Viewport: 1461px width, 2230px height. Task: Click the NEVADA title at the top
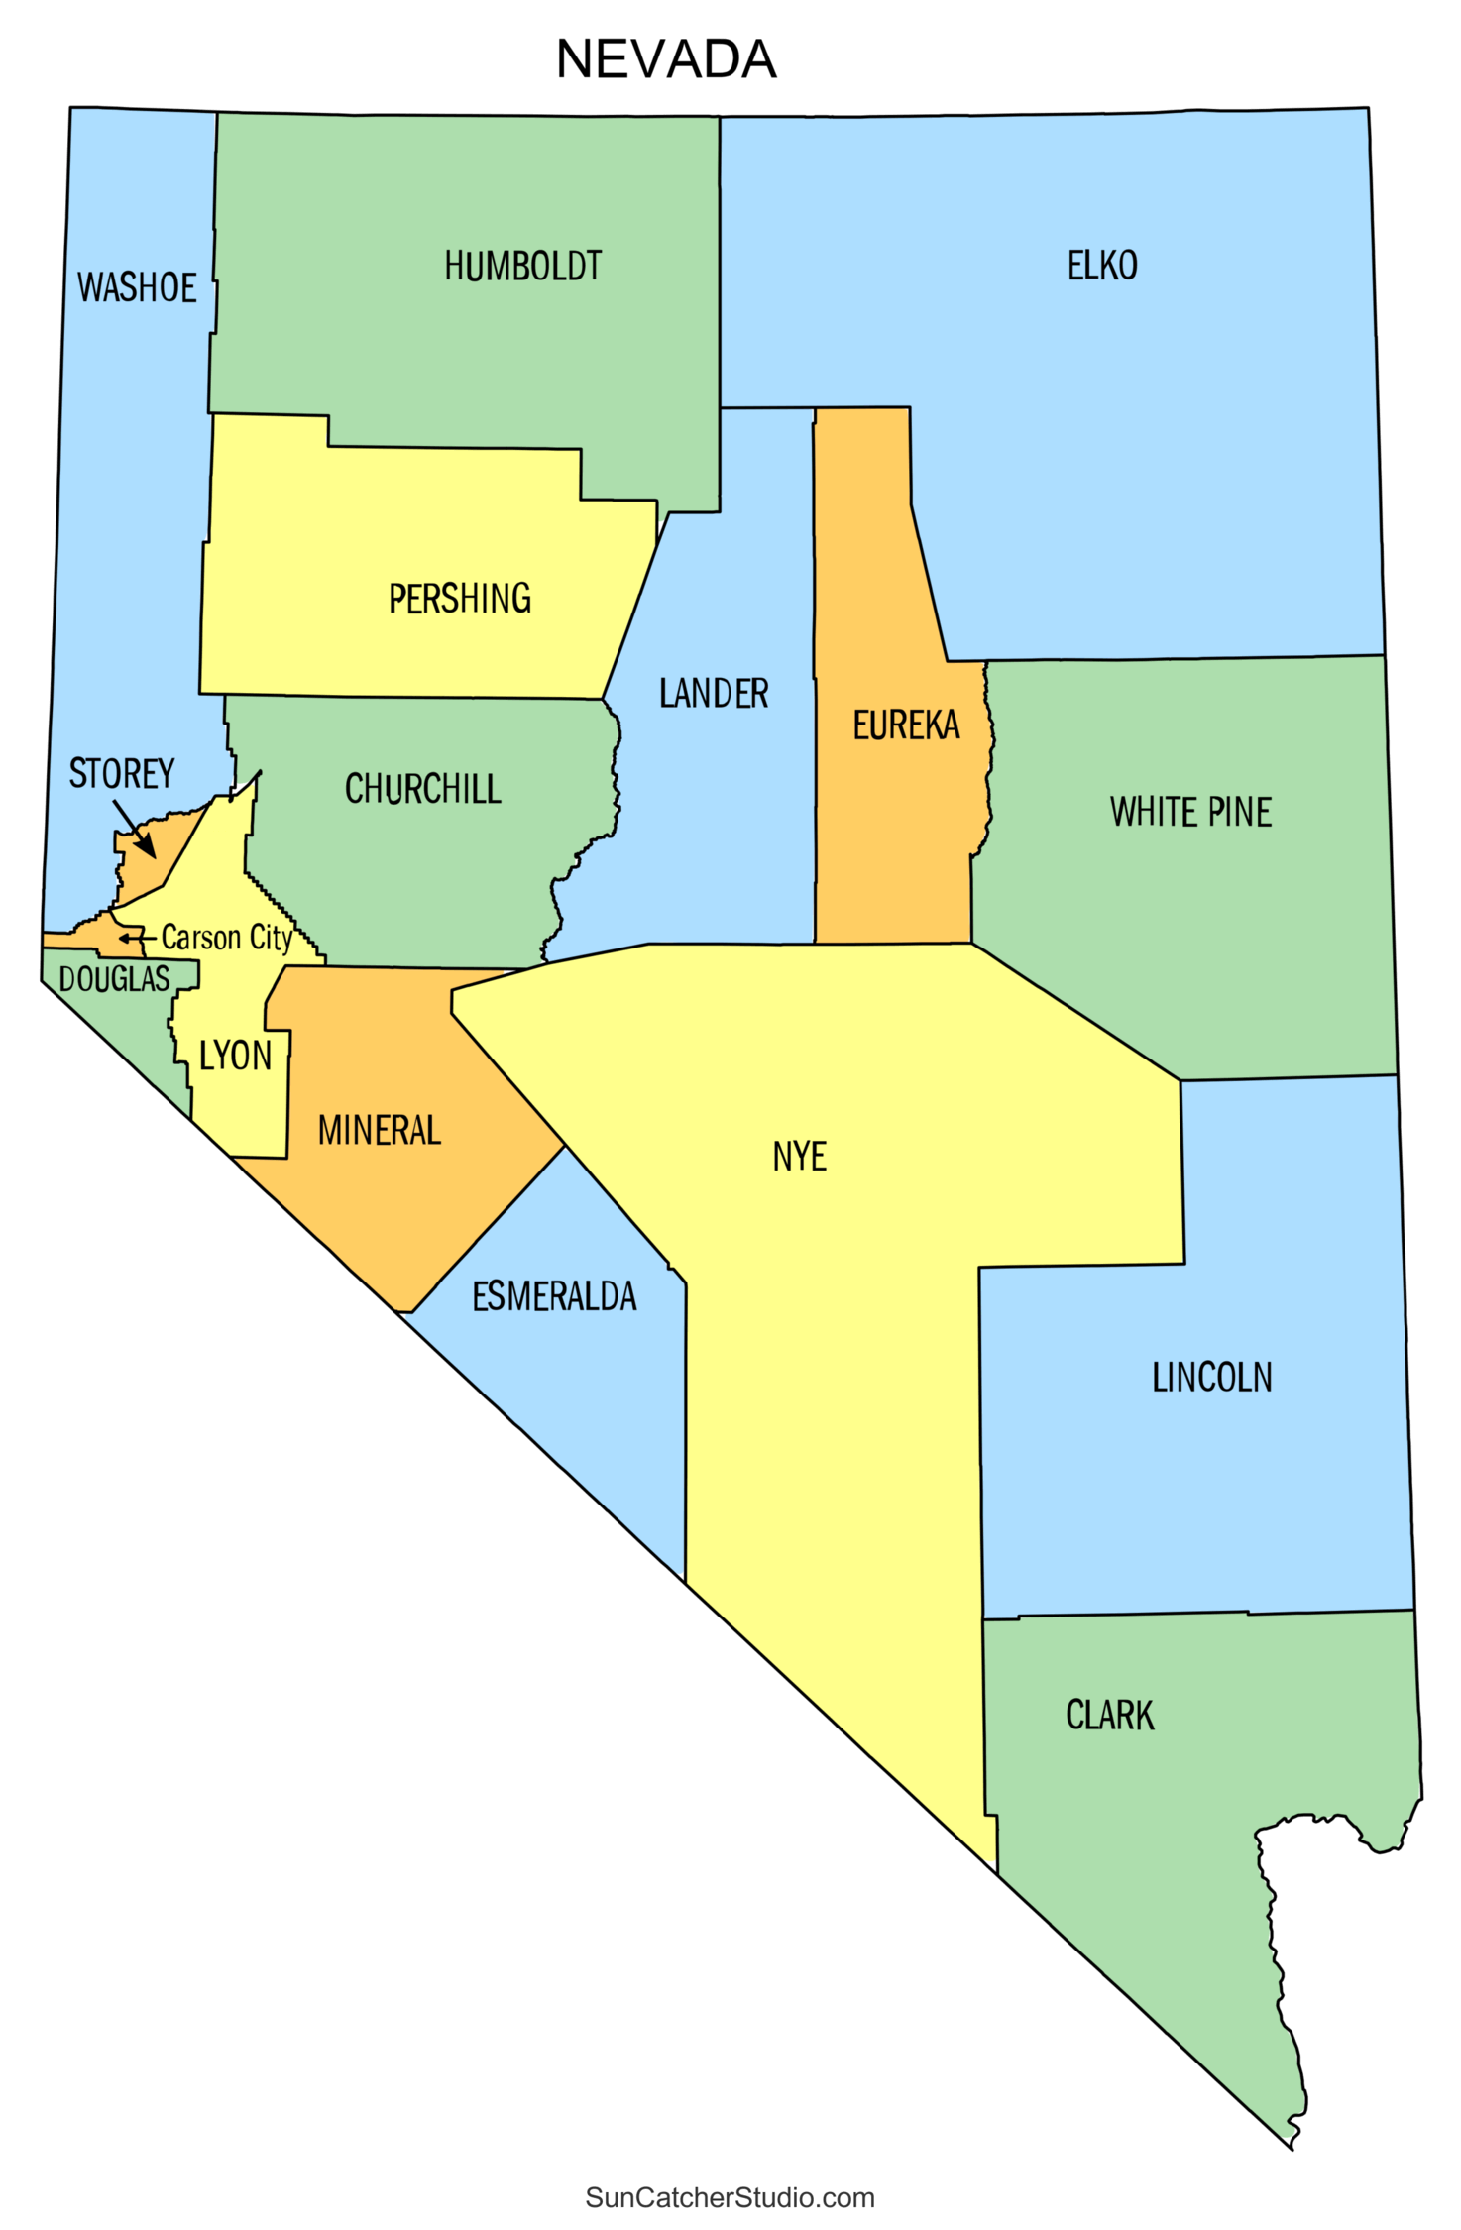(x=666, y=59)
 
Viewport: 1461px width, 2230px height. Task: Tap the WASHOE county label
(x=137, y=287)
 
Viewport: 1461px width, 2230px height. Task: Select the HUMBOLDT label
(x=522, y=266)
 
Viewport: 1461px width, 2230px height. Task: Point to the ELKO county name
(x=1102, y=266)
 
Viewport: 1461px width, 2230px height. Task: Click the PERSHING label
(x=460, y=599)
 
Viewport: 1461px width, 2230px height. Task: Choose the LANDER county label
(x=714, y=693)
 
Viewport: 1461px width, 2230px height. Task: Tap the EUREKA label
(x=906, y=725)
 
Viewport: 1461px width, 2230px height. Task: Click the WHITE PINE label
(x=1190, y=812)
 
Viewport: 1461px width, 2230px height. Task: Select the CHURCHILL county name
(x=422, y=789)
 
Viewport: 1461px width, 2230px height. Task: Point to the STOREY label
(x=121, y=773)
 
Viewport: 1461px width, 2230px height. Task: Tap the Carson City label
(x=226, y=937)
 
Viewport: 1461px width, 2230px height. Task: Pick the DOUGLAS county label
(x=114, y=979)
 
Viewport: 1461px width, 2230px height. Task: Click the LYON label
(x=235, y=1056)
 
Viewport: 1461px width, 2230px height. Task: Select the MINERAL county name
(x=379, y=1130)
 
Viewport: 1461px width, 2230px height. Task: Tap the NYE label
(x=799, y=1156)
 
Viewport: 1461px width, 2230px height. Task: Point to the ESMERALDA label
(x=554, y=1296)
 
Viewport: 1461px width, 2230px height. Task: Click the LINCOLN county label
(x=1211, y=1377)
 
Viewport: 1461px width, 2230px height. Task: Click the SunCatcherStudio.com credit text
(x=730, y=2197)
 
